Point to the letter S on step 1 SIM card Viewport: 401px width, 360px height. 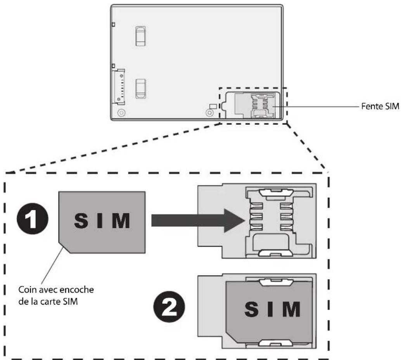tap(82, 221)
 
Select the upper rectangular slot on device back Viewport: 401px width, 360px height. tap(140, 36)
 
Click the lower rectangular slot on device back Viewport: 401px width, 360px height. tap(140, 89)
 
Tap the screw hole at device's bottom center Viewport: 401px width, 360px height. tap(209, 113)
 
